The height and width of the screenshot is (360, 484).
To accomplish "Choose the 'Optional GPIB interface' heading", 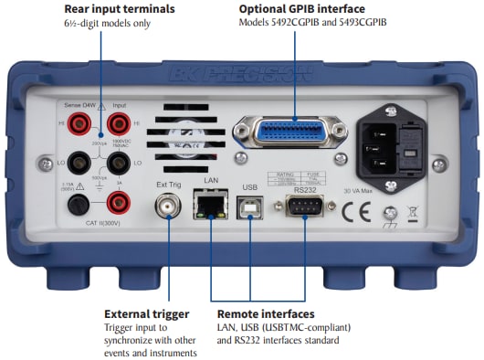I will pyautogui.click(x=302, y=9).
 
